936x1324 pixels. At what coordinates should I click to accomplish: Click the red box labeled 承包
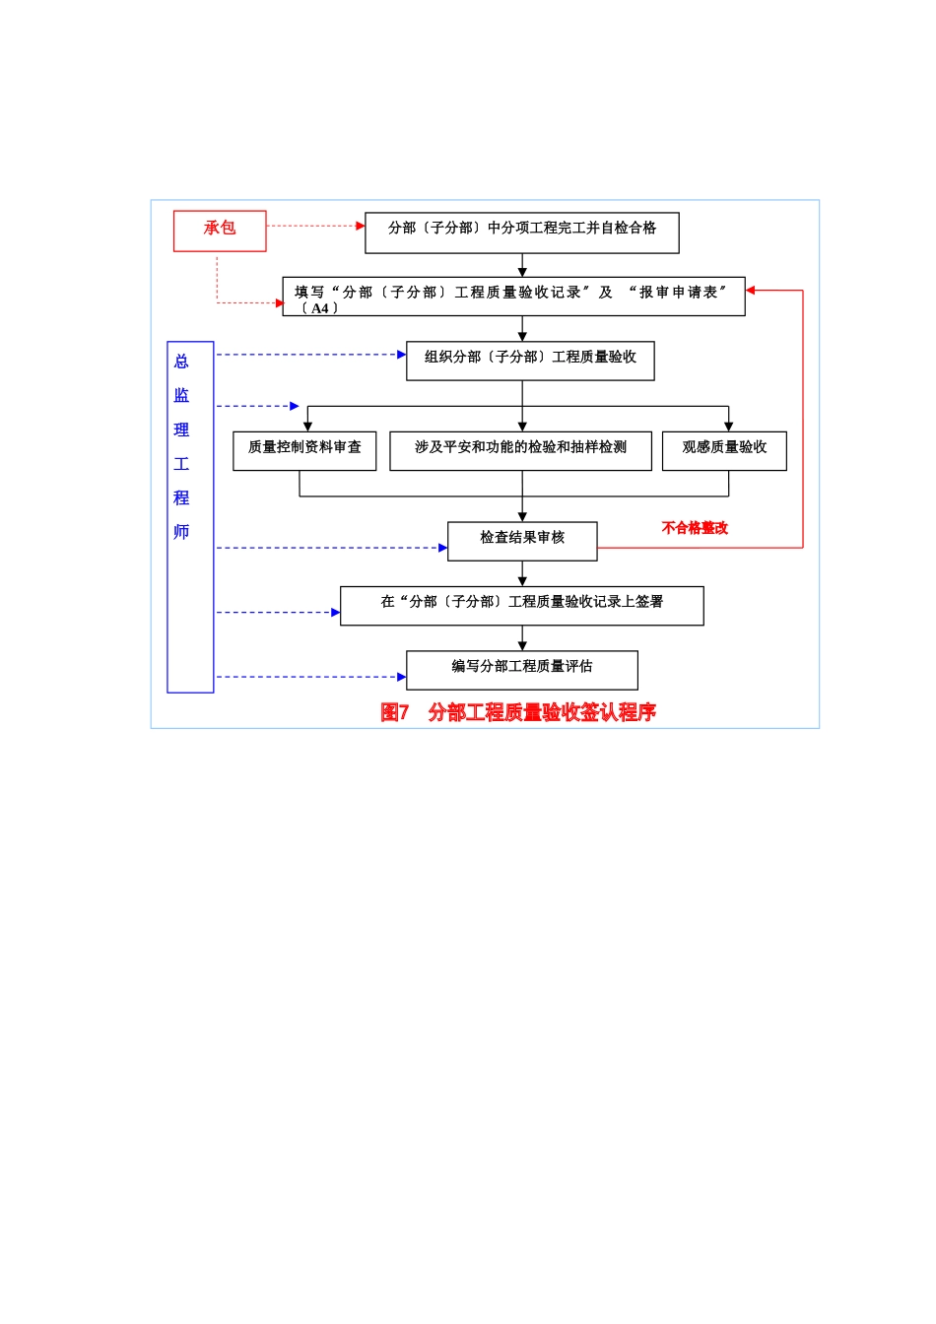[x=220, y=231]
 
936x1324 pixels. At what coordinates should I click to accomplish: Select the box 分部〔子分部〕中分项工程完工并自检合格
[x=521, y=232]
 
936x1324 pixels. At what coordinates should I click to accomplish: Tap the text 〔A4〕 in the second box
[x=319, y=308]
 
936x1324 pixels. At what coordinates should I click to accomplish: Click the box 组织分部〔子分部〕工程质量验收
[x=530, y=361]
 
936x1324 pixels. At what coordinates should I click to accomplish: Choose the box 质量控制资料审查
[x=304, y=450]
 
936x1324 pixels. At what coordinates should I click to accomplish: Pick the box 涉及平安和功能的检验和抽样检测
[x=520, y=450]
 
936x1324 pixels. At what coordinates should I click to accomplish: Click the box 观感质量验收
[x=724, y=450]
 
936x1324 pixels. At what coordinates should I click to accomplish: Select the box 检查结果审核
[x=522, y=541]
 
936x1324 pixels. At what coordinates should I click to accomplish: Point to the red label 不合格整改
[x=695, y=528]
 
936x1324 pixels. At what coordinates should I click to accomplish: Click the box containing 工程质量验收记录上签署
[x=522, y=605]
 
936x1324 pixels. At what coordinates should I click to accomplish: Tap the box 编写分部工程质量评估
[x=522, y=670]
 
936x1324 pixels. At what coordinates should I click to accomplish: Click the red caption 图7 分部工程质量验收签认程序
[x=518, y=712]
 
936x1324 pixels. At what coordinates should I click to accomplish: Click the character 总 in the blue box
[x=181, y=362]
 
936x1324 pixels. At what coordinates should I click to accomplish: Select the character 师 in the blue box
[x=181, y=532]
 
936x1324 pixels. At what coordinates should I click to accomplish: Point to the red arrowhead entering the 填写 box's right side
[x=751, y=291]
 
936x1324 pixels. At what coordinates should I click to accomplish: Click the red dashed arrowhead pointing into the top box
[x=361, y=226]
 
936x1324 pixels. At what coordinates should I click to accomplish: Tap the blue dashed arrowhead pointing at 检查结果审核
[x=443, y=548]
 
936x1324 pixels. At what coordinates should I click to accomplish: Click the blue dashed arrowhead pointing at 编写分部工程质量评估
[x=402, y=677]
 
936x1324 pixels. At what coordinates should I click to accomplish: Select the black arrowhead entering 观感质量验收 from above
[x=728, y=427]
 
